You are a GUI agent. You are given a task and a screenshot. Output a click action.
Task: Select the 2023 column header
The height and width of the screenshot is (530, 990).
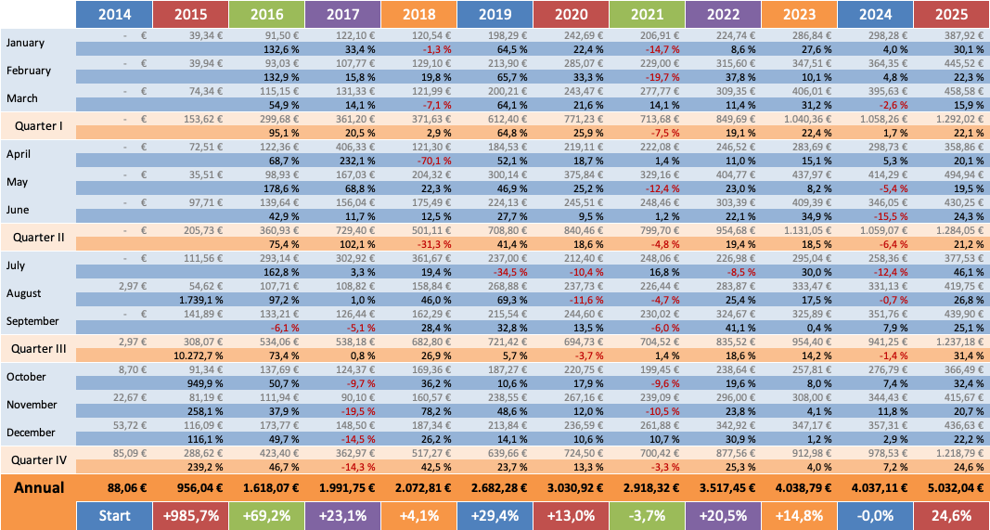pos(800,15)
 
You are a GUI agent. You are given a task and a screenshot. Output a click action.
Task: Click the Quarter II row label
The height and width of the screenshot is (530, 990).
pos(38,237)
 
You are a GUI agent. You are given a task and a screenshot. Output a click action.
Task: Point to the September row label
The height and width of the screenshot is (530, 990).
pos(32,321)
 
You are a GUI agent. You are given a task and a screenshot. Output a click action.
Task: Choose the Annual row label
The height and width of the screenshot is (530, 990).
pos(38,487)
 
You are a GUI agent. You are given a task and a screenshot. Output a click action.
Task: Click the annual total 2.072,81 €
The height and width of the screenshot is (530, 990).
pos(418,487)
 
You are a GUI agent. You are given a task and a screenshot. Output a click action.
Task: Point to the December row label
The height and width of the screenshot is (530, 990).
pos(32,432)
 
